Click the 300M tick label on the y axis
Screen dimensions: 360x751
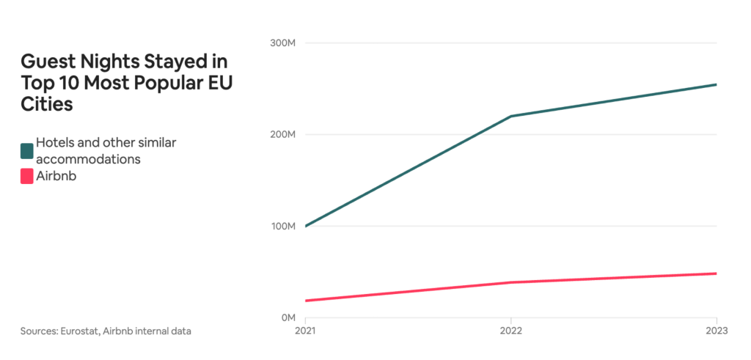283,43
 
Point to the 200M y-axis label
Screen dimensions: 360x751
283,135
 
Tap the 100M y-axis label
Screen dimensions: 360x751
283,227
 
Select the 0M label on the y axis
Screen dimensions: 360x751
287,318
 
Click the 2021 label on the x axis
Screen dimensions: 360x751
305,331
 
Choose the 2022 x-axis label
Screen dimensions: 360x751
510,331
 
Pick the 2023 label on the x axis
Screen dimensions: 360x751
717,331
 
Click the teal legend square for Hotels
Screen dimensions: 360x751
27,151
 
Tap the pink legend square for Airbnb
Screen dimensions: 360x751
27,176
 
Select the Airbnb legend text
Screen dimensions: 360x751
56,176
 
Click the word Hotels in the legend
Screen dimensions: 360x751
56,142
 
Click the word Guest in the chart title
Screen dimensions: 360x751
45,60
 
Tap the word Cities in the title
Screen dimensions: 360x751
47,104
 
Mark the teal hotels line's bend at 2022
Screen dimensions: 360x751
510,117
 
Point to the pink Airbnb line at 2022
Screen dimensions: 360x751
510,282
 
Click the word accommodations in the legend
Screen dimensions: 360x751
88,158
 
